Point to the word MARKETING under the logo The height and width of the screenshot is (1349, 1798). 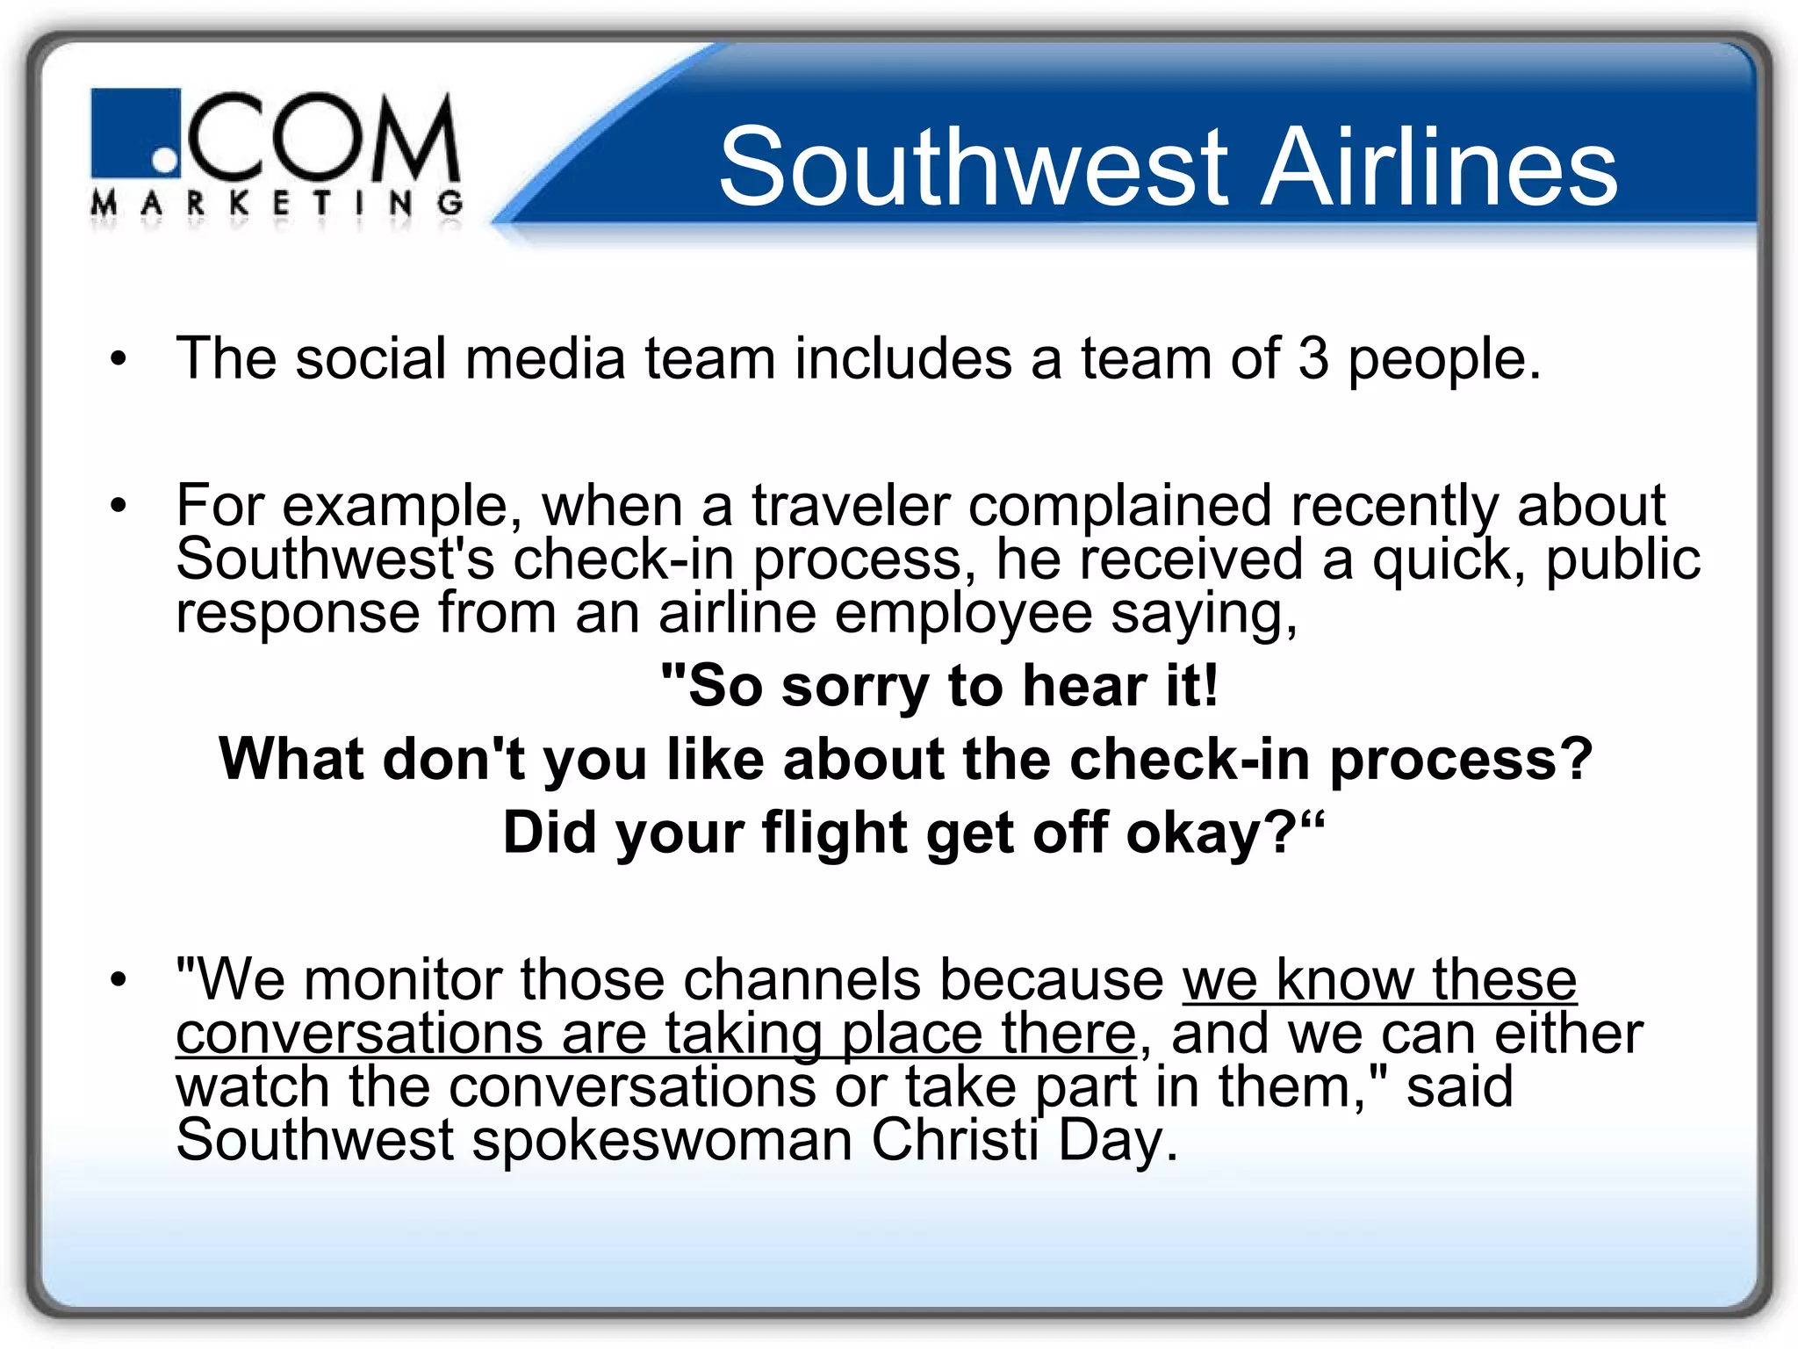[x=277, y=205]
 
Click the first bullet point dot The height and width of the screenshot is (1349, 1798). [x=119, y=359]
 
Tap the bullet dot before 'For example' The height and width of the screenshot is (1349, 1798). [x=119, y=506]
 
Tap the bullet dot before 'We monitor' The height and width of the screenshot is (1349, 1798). [x=119, y=979]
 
